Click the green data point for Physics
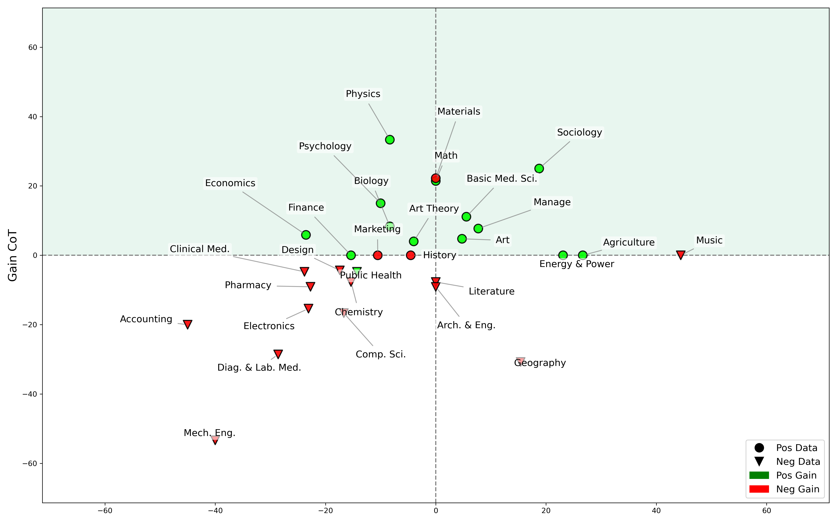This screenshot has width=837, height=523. [390, 140]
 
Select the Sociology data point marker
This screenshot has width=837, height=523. [539, 169]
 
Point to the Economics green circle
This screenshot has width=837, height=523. [306, 235]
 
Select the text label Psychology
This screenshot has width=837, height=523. [325, 146]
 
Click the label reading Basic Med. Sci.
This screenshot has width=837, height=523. [502, 179]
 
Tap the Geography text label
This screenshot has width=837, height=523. [540, 363]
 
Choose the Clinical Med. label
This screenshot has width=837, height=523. [199, 249]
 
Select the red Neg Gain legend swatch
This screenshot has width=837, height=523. [759, 489]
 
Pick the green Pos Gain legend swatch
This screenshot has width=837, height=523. [759, 475]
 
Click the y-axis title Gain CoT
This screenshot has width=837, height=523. [12, 255]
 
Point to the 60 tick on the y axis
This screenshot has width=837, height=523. [33, 47]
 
